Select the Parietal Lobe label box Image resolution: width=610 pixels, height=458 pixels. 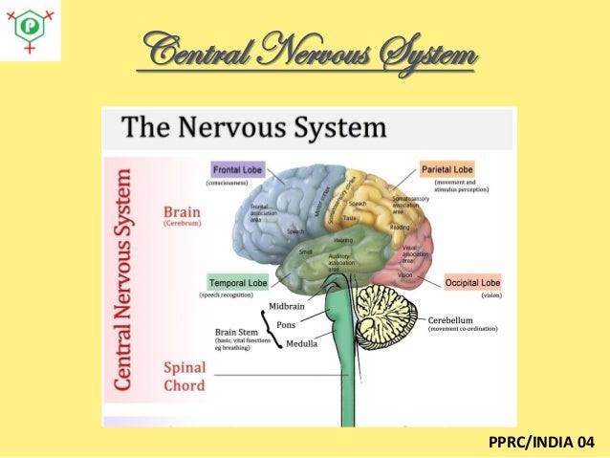(x=447, y=169)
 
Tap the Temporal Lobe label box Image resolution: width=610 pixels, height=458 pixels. (x=237, y=283)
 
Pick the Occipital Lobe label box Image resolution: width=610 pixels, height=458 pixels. (x=472, y=283)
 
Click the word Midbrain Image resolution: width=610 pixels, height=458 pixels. (x=286, y=306)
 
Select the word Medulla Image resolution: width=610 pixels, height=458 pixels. (x=302, y=342)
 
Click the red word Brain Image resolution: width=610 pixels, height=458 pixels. (x=182, y=211)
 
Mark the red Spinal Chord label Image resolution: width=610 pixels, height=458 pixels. (x=185, y=375)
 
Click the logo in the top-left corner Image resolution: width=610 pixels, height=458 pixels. (x=31, y=30)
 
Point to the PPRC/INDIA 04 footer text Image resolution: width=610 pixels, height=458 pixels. (x=541, y=442)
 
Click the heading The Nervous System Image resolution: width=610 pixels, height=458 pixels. (x=253, y=127)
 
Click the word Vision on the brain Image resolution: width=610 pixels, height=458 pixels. (x=405, y=275)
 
